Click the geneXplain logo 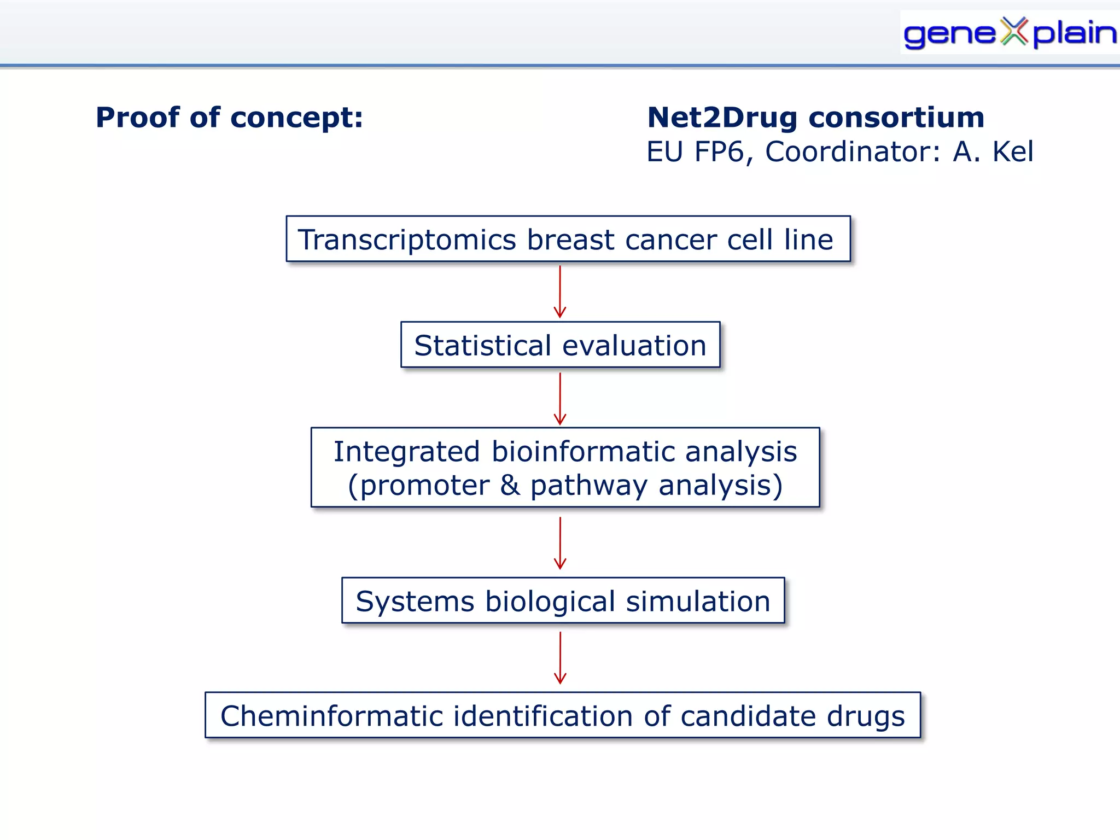1009,33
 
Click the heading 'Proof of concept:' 229,118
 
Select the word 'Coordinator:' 853,152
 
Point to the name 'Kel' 1013,152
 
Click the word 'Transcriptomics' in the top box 407,240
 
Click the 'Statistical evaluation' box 560,345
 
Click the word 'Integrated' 406,452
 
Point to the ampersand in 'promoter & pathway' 510,486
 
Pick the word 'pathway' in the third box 588,486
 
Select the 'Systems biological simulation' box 563,601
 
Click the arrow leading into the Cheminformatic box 559,658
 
